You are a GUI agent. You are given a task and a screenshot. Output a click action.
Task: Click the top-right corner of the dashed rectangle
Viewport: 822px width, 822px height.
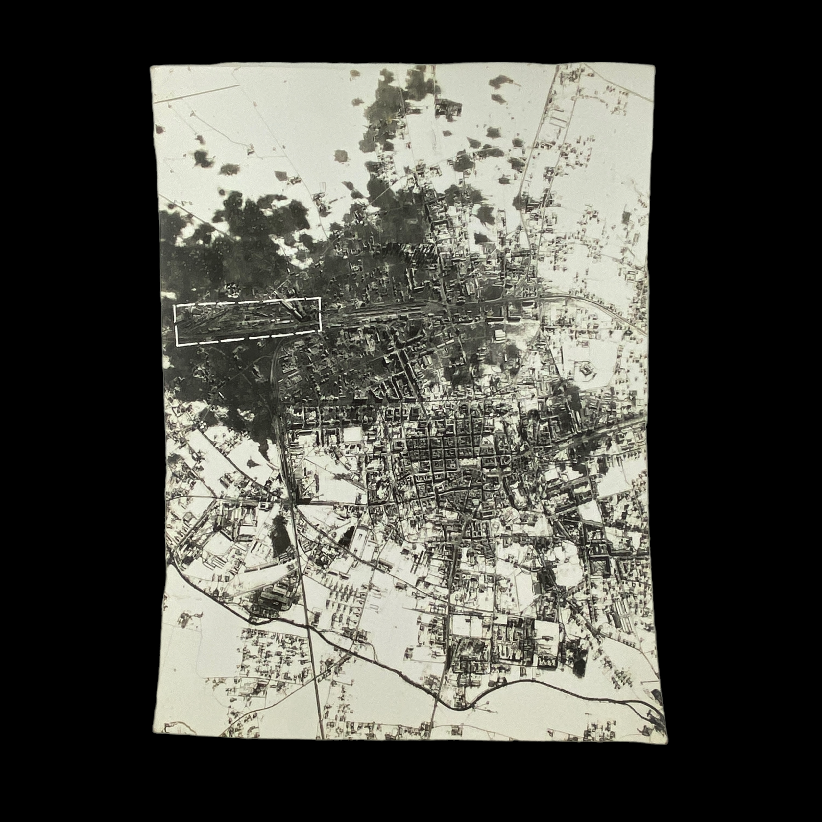320,298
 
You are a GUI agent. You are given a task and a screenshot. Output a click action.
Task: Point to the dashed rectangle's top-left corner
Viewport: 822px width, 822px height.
175,306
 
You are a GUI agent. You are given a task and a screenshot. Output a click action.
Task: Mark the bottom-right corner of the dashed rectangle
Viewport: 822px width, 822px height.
320,330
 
